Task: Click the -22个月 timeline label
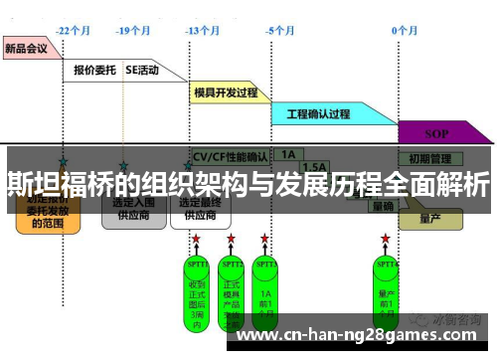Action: [x=75, y=31]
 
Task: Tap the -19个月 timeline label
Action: [x=133, y=31]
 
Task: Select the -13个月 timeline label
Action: [x=202, y=31]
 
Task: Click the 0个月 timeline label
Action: [x=404, y=31]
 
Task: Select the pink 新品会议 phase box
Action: [x=27, y=47]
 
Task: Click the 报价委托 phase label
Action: [x=95, y=71]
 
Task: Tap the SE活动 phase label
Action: [x=141, y=71]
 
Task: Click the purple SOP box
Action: [x=436, y=132]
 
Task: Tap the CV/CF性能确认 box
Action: [x=230, y=157]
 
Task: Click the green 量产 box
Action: [x=429, y=218]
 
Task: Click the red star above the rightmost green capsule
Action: [x=386, y=239]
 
